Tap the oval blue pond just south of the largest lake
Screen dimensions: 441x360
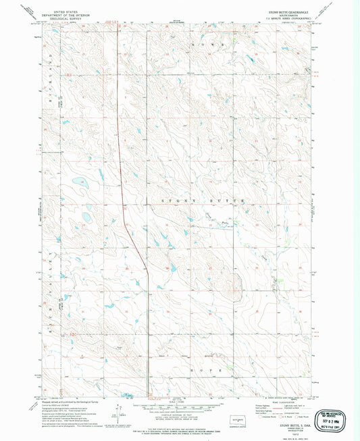tap(86, 217)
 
